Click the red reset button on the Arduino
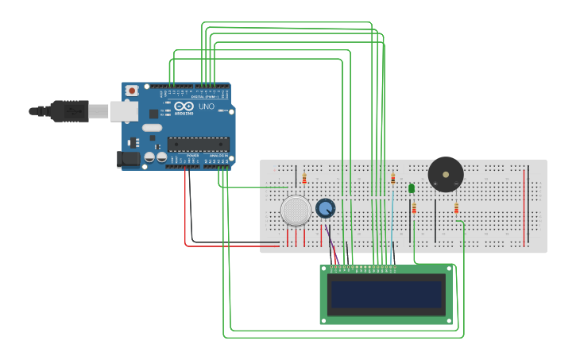[132, 91]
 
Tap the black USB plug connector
[68, 111]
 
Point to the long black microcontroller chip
[198, 144]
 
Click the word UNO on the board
[206, 106]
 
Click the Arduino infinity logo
[184, 106]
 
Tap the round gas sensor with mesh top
[296, 211]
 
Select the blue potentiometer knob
[325, 208]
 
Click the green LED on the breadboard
[412, 188]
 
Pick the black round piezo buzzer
[445, 174]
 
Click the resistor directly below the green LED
[414, 209]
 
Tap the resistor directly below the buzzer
[456, 209]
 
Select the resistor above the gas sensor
[304, 179]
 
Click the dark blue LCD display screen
[387, 294]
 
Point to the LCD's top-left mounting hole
[324, 269]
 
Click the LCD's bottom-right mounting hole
[450, 319]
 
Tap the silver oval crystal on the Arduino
[152, 127]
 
